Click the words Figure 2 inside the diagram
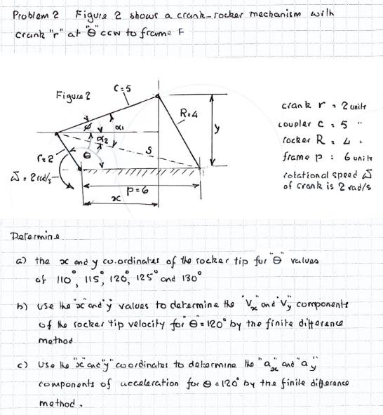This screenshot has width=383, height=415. (72, 95)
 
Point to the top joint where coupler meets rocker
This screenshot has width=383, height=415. (157, 90)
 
